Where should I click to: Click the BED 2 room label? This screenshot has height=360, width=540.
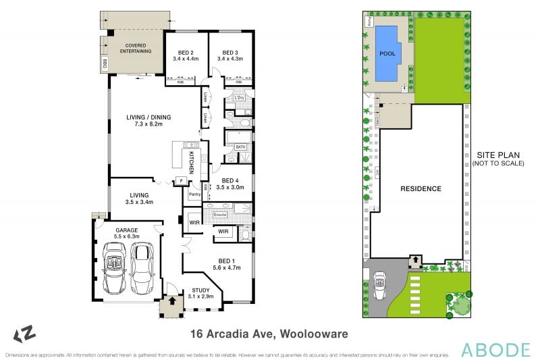[186, 53]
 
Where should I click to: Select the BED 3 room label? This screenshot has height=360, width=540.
[230, 53]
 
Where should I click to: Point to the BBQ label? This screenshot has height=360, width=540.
[105, 64]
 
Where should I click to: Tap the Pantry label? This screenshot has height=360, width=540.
[195, 195]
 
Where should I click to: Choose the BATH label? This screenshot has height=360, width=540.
[240, 147]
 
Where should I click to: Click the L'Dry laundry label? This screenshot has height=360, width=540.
[238, 98]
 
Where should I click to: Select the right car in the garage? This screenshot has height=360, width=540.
[142, 263]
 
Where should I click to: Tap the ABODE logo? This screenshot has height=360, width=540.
[495, 349]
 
